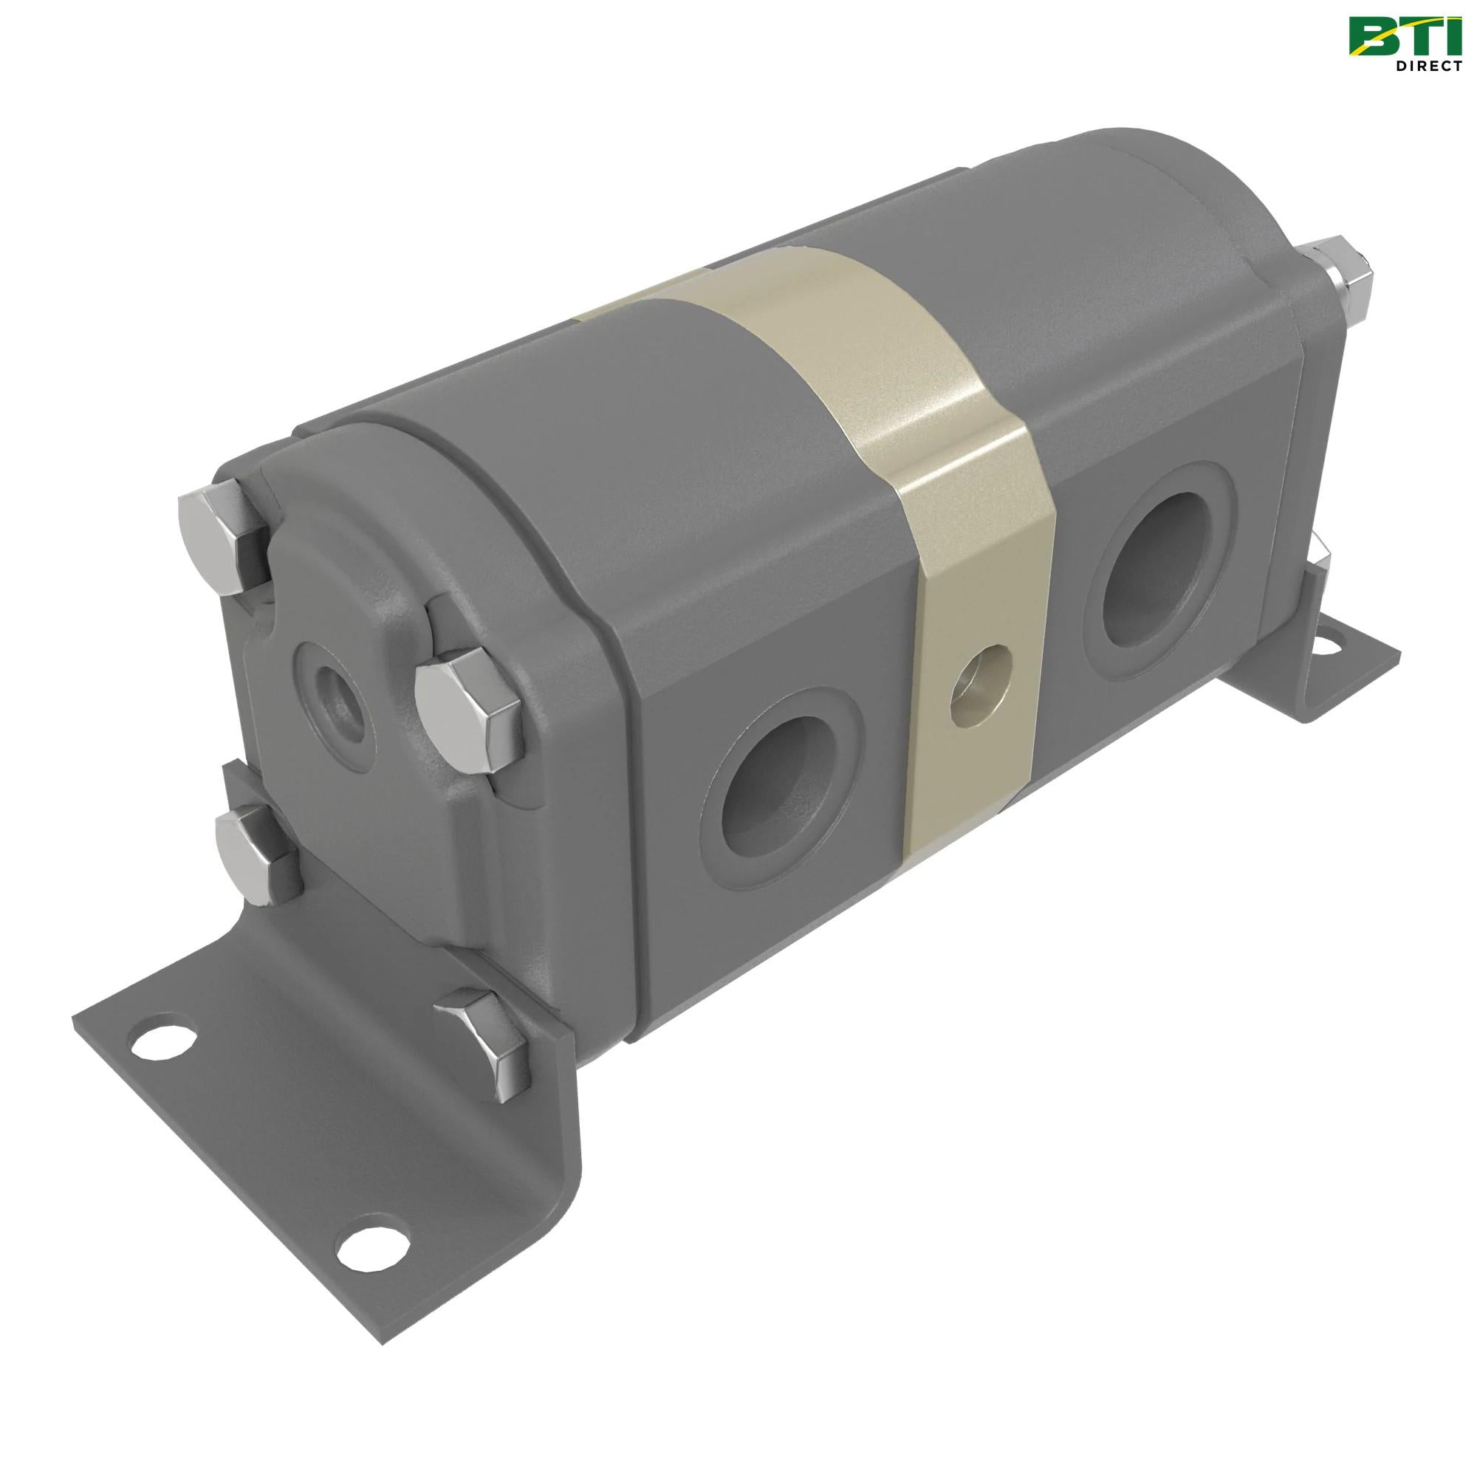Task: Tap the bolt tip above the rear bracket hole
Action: pyautogui.click(x=1320, y=552)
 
